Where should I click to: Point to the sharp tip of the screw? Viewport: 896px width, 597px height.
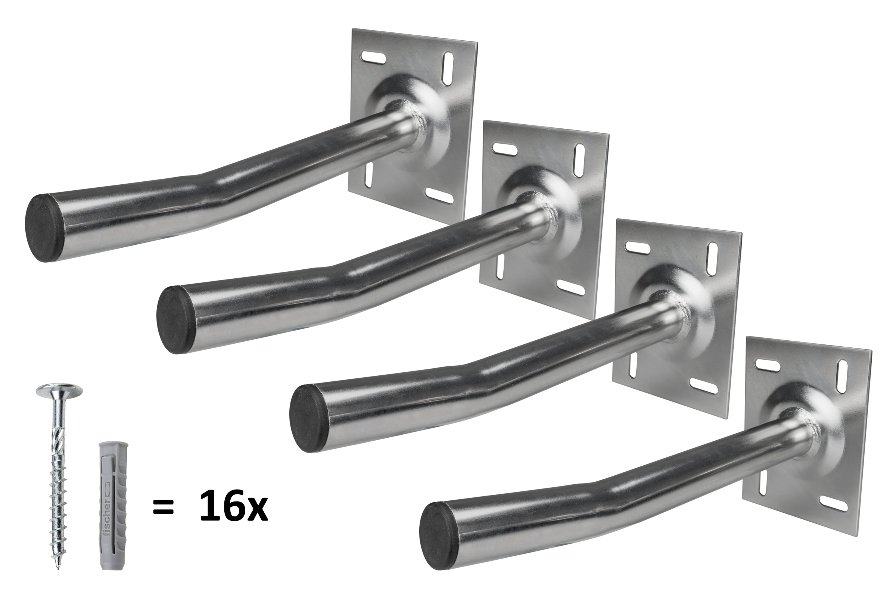coord(58,568)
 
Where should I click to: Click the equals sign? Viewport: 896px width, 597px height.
coord(164,508)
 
